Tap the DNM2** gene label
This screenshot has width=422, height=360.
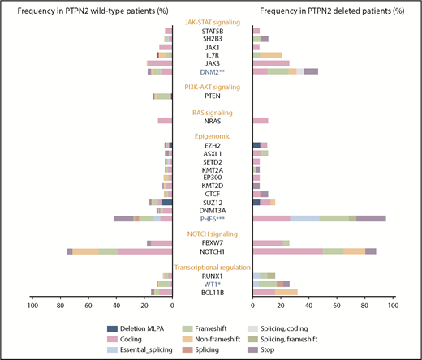212,71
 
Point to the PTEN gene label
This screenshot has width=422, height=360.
212,96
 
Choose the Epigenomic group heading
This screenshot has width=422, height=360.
212,135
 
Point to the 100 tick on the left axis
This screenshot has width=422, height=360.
32,306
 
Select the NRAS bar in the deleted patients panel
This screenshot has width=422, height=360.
261,120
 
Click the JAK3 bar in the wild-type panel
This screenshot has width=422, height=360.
159,63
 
